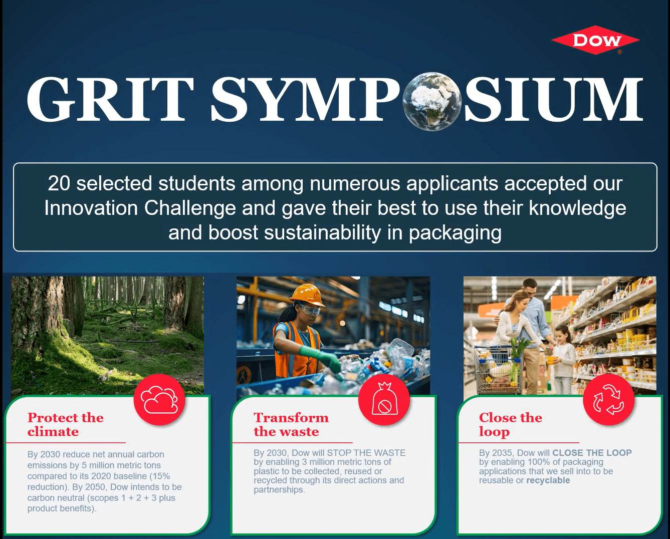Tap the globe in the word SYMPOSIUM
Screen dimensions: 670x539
[431, 102]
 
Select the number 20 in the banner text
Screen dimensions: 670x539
[59, 183]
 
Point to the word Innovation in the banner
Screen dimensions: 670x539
[91, 208]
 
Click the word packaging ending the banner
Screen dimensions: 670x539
[455, 233]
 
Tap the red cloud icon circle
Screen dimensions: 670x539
[159, 400]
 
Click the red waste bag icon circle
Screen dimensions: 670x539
[384, 400]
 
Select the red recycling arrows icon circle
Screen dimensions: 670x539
[609, 400]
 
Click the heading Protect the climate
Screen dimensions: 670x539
[65, 424]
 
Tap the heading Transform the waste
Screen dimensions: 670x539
[291, 424]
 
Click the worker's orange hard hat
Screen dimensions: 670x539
[308, 294]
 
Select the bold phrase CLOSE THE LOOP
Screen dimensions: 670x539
[592, 453]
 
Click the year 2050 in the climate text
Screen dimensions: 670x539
[96, 487]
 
